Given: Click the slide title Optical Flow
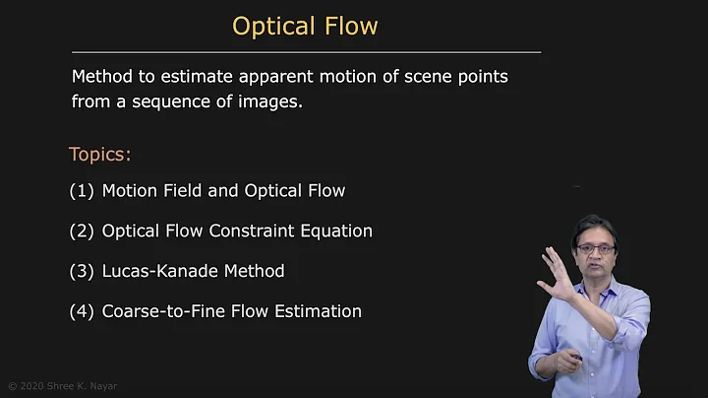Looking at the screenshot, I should pos(305,26).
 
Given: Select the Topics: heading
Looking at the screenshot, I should pos(99,155).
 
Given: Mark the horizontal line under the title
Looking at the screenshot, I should pos(306,51).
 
